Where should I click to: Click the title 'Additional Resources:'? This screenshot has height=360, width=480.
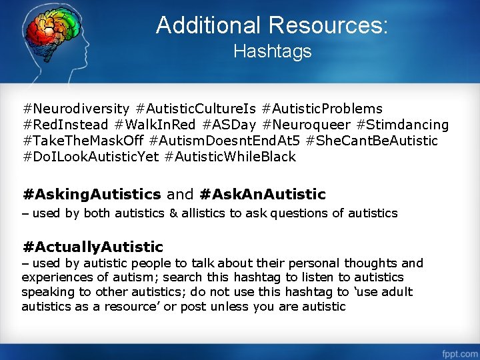(x=272, y=25)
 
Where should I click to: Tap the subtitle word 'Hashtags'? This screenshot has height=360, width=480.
(x=272, y=51)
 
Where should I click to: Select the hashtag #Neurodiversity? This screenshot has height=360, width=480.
(x=76, y=109)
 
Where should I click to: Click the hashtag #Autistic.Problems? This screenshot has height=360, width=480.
(x=323, y=109)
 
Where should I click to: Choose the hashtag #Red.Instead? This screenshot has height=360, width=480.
(x=65, y=125)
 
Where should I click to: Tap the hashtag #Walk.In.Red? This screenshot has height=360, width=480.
(x=155, y=125)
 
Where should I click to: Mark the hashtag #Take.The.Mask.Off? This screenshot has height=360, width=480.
(x=83, y=141)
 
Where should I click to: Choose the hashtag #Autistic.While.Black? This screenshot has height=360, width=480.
(x=230, y=157)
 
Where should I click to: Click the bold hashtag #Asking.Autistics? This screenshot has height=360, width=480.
(x=91, y=194)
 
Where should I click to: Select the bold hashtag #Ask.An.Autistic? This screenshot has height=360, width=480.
(x=263, y=194)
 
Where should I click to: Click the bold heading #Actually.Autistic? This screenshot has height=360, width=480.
(x=93, y=247)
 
